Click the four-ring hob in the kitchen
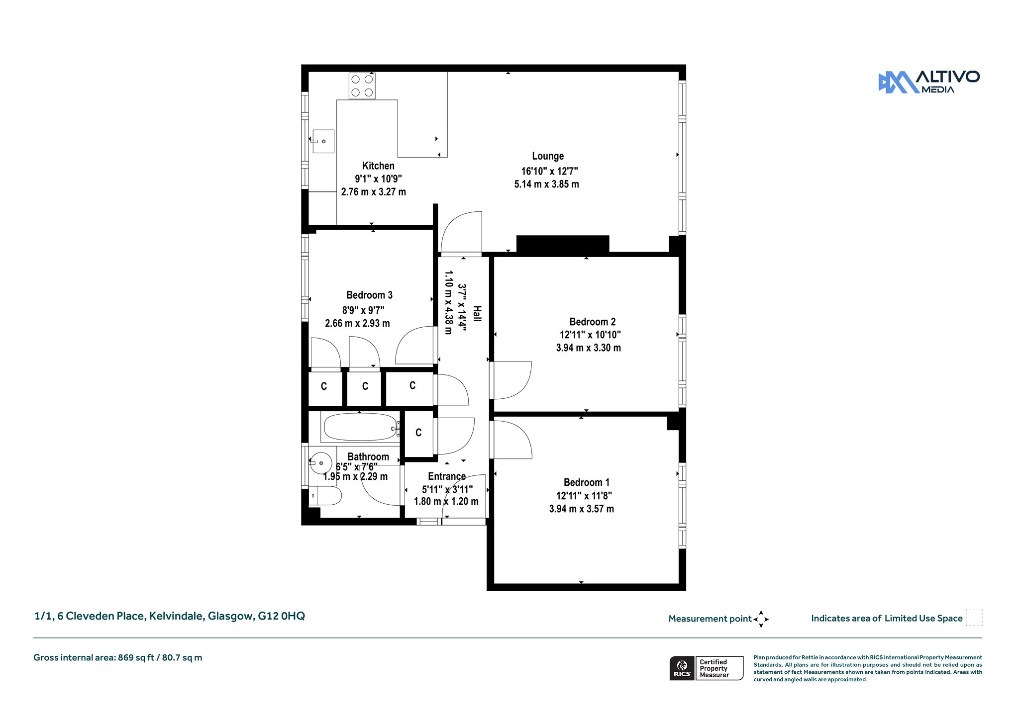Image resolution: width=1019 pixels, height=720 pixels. point(362,86)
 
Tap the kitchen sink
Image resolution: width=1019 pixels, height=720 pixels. point(323,141)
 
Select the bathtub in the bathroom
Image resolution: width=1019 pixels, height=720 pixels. point(360,427)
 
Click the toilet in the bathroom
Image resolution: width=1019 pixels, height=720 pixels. point(325,496)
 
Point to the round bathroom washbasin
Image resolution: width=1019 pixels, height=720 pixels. point(321,463)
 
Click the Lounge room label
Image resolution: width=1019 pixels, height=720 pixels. point(548,156)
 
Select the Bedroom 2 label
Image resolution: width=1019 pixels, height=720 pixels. point(592,322)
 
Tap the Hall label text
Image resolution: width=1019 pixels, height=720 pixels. point(477,314)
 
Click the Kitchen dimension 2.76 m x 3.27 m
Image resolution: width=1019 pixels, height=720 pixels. point(373,192)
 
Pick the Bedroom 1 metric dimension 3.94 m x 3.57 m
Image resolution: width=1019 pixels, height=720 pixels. point(581,509)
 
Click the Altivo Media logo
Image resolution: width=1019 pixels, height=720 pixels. point(928,82)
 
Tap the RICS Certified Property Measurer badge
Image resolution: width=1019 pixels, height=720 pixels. point(706,668)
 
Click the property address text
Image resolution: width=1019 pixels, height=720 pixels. point(170,616)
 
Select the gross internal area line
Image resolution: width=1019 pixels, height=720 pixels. point(118,658)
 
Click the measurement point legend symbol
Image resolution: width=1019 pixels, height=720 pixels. point(761,619)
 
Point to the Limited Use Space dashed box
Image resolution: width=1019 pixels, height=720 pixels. point(974,618)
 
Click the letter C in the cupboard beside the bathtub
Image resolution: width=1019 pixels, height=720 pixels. point(418,433)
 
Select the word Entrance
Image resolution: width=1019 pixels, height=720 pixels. point(447,476)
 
